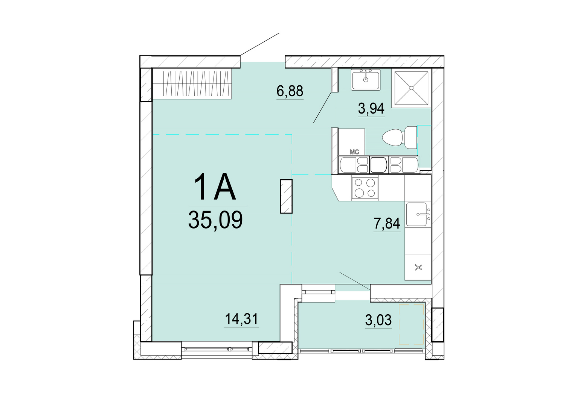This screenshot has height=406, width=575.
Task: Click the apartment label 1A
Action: coord(215,186)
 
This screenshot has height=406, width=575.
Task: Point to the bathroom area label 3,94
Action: coord(371,109)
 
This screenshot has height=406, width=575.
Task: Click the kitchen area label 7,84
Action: coord(387,224)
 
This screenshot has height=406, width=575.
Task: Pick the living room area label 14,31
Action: coord(241,319)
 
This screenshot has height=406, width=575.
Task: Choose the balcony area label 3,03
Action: coord(378,320)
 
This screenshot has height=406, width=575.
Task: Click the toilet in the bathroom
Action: coord(400,137)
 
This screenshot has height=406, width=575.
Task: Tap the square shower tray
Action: coord(411,88)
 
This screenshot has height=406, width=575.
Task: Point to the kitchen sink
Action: coord(418,214)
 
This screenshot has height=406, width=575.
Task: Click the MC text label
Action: coord(354,152)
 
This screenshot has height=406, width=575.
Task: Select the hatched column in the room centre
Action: coord(287,196)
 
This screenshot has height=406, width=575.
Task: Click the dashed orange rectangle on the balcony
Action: coord(411,324)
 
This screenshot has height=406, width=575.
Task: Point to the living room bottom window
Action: coord(217,349)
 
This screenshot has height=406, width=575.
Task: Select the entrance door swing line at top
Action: coord(260,44)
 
